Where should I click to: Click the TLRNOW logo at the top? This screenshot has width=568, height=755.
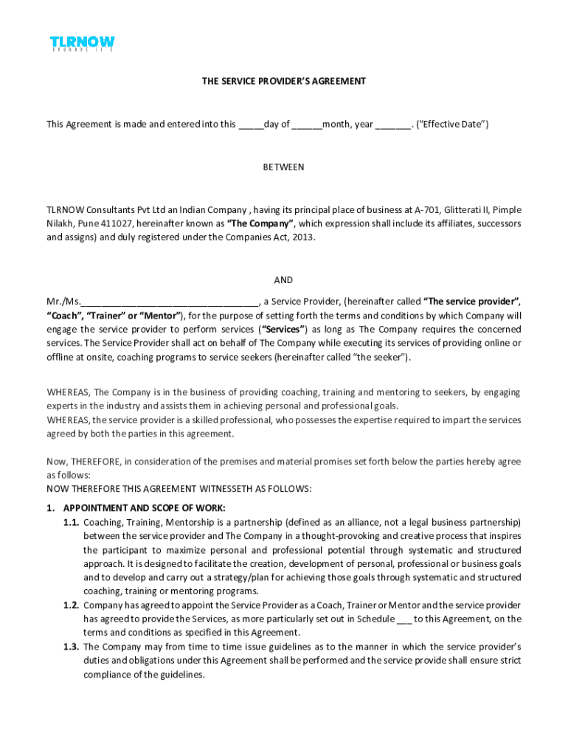[82, 44]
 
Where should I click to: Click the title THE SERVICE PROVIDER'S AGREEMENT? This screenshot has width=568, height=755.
[284, 81]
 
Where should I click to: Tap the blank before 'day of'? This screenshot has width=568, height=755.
[251, 125]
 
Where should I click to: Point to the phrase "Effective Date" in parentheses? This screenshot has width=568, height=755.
[452, 125]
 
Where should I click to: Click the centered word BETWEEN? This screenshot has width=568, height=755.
[284, 167]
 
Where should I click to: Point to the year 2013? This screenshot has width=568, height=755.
[301, 237]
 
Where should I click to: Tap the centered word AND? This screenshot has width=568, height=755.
[284, 280]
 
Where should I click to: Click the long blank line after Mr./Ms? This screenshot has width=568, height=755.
[170, 302]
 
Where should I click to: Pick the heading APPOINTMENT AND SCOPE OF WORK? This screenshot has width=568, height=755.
[145, 508]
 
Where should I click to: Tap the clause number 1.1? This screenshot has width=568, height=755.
[71, 522]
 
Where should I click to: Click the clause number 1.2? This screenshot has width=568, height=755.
[71, 605]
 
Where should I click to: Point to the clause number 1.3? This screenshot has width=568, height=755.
[71, 647]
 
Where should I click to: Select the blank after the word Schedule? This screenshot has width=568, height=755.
[404, 619]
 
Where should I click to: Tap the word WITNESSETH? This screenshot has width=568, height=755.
[226, 489]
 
